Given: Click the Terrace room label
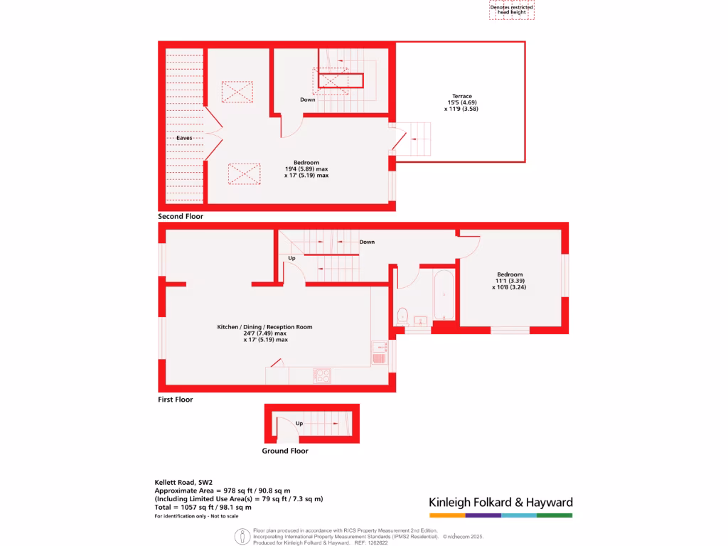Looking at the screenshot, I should [x=462, y=96].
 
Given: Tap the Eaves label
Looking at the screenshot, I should [x=184, y=138].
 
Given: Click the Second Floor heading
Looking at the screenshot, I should [x=181, y=216].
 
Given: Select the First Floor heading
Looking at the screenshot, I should [x=176, y=400].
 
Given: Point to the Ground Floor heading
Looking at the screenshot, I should [x=285, y=451].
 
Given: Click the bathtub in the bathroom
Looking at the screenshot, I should [x=444, y=295].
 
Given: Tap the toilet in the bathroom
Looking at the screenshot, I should [x=402, y=314].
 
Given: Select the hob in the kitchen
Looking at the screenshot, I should [x=321, y=375].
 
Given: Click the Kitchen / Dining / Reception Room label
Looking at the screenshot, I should [x=264, y=327].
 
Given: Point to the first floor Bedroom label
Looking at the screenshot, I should [x=510, y=274].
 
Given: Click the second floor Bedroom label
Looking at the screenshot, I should [x=306, y=162].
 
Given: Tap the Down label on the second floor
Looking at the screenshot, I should [x=308, y=100].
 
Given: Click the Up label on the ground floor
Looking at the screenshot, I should [x=299, y=423].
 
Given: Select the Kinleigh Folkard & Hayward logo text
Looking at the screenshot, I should [x=500, y=503].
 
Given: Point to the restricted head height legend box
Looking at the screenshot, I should [x=512, y=10].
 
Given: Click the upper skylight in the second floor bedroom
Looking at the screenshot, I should [x=237, y=92].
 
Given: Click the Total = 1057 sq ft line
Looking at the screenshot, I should [x=203, y=508].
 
